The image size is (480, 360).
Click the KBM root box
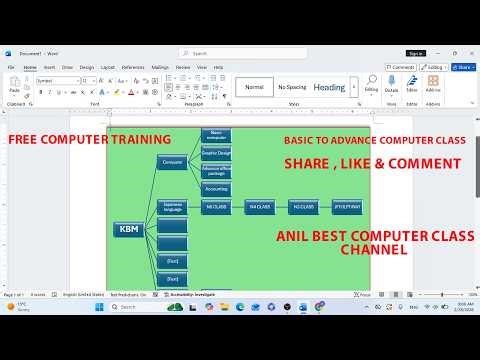(129, 229)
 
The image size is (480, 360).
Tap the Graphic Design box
(216, 153)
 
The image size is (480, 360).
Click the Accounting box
(216, 188)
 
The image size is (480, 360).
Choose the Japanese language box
(172, 207)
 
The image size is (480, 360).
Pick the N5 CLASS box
(216, 207)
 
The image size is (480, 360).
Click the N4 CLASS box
(259, 207)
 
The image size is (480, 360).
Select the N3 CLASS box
(302, 207)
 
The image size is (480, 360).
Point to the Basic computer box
(216, 135)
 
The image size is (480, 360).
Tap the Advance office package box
(216, 171)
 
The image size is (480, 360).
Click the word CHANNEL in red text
(374, 251)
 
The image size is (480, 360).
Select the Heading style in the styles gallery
(329, 87)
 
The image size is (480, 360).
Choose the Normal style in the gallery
(254, 87)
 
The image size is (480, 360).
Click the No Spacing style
(292, 87)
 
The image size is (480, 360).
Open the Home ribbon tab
(30, 67)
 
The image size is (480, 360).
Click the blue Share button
(463, 67)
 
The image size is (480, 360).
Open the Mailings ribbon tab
(160, 67)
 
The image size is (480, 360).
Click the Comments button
(402, 67)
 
